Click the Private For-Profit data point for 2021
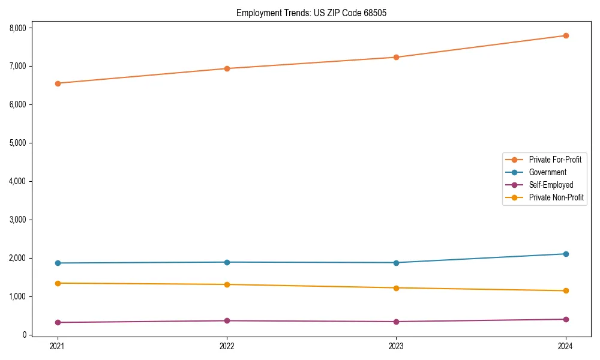[58, 83]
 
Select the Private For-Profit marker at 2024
[566, 35]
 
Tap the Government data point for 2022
[227, 262]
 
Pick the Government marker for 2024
[566, 254]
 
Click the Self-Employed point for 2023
[396, 322]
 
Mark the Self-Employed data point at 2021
[58, 322]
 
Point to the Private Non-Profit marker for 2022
[227, 284]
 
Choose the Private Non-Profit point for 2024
[566, 290]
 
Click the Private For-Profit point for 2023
[396, 58]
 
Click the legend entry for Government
[547, 172]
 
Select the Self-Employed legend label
[551, 185]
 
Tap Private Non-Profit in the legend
[556, 197]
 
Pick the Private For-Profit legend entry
[555, 160]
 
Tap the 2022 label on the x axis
[227, 346]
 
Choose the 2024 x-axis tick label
[566, 346]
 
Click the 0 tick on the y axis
[25, 335]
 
